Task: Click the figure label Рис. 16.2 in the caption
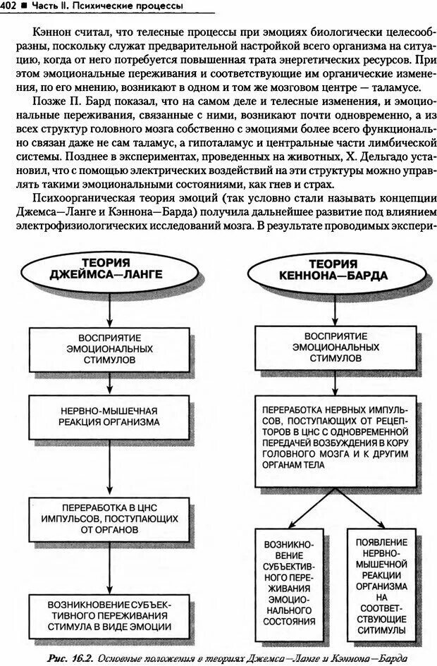tap(75, 658)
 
